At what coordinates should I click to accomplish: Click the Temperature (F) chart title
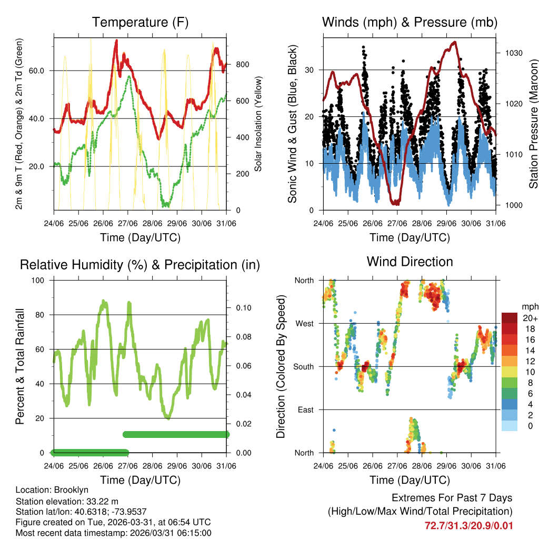tap(140, 22)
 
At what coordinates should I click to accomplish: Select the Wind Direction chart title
tap(410, 262)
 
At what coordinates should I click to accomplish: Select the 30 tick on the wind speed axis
tap(310, 70)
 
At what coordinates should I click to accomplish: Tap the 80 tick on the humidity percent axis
tap(42, 315)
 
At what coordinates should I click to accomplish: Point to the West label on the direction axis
tap(304, 323)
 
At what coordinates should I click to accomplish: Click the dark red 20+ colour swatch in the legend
tap(510, 318)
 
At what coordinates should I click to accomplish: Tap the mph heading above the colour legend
tap(528, 306)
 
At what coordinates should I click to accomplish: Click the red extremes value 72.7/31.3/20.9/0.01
tap(468, 525)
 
